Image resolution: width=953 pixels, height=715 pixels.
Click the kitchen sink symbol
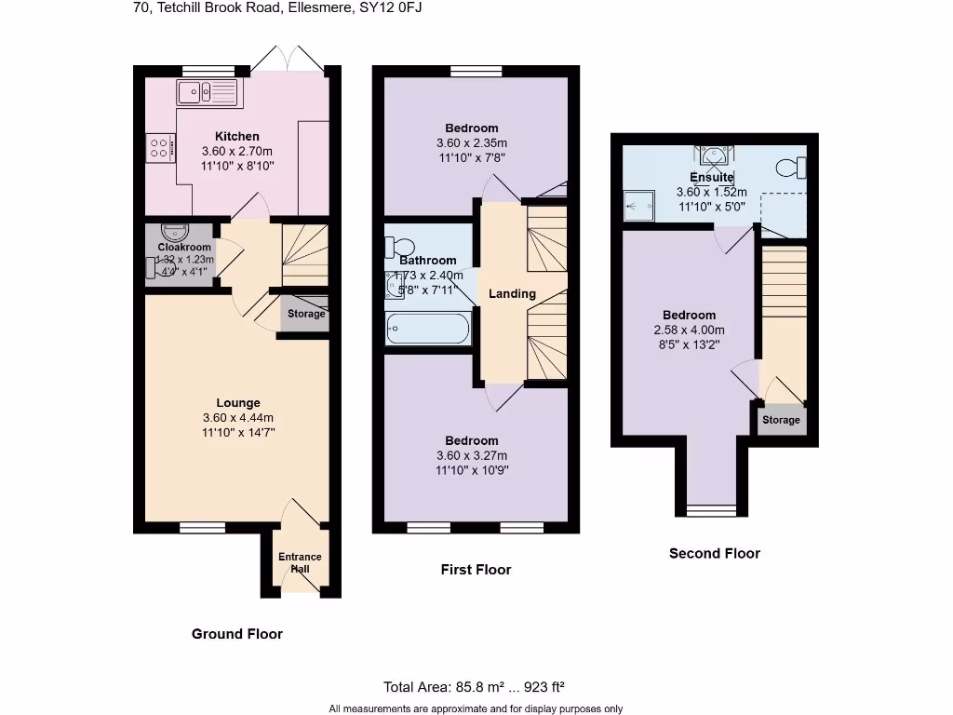pyautogui.click(x=207, y=91)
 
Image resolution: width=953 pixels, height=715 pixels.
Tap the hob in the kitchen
pyautogui.click(x=159, y=148)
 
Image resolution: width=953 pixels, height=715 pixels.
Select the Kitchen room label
pyautogui.click(x=237, y=136)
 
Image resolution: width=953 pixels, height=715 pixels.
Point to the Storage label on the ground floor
pyautogui.click(x=306, y=314)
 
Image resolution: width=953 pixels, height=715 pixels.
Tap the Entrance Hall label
pyautogui.click(x=300, y=562)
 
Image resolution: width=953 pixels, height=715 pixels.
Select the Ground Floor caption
pyautogui.click(x=236, y=634)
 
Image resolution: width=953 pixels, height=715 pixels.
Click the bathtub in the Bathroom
pyautogui.click(x=428, y=328)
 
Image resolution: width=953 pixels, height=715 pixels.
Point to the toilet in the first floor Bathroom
pyautogui.click(x=400, y=247)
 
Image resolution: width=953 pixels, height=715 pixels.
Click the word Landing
pyautogui.click(x=512, y=293)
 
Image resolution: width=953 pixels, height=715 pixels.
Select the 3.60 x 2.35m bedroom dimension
pyautogui.click(x=471, y=143)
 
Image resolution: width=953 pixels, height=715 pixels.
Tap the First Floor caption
pyautogui.click(x=476, y=570)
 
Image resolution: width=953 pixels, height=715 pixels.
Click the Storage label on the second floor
pyautogui.click(x=781, y=420)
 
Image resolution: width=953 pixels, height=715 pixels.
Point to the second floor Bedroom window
pyautogui.click(x=711, y=509)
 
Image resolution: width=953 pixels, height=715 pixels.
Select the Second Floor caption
pyautogui.click(x=715, y=553)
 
